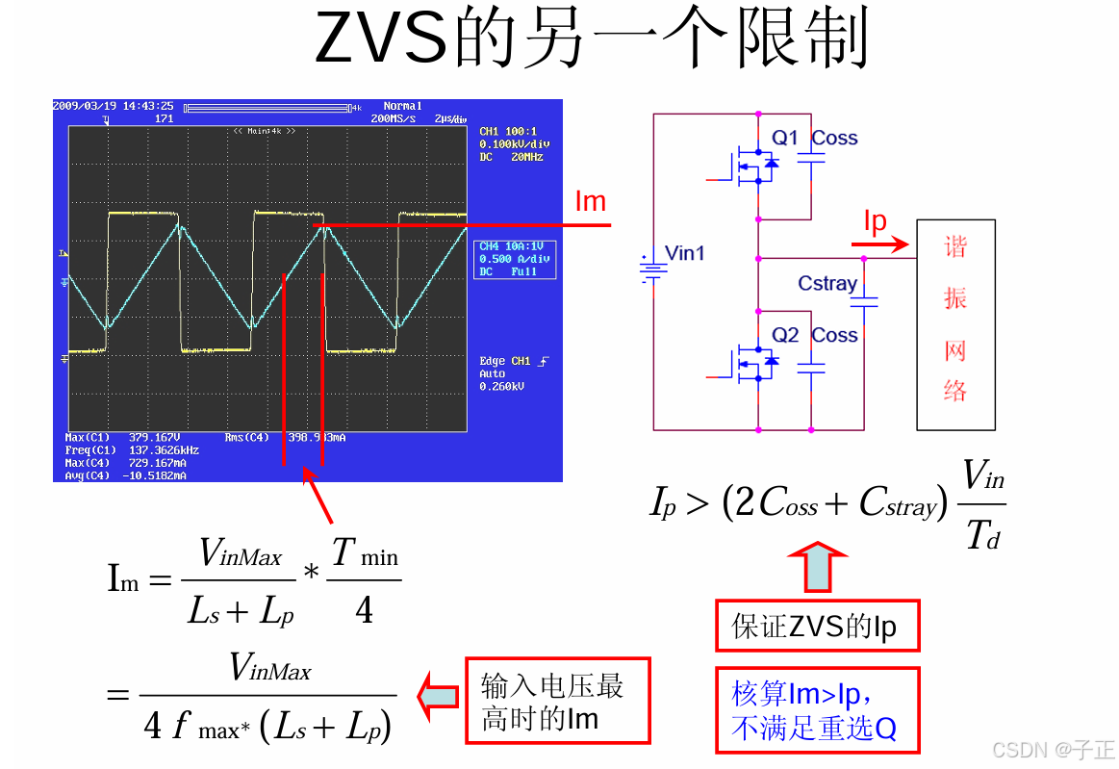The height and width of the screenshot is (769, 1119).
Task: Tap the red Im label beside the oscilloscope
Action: click(x=590, y=201)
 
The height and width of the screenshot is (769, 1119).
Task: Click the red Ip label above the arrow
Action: click(x=875, y=221)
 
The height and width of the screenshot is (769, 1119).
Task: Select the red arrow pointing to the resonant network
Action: click(x=880, y=245)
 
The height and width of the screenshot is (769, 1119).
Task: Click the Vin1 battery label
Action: click(x=685, y=253)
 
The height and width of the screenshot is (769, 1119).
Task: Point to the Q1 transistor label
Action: click(x=785, y=138)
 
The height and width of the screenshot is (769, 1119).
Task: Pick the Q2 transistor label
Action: click(x=785, y=335)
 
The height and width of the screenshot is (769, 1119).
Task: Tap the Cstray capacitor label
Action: click(x=827, y=283)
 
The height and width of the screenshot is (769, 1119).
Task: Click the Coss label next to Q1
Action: click(x=834, y=138)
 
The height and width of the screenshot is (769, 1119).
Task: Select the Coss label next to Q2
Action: click(x=834, y=335)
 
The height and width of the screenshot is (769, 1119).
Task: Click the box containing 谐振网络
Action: click(x=954, y=324)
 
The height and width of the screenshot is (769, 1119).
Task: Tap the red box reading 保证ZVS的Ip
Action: click(x=817, y=627)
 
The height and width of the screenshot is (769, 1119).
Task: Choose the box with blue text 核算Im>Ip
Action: click(x=817, y=710)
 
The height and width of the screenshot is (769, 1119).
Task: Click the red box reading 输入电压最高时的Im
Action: click(x=557, y=701)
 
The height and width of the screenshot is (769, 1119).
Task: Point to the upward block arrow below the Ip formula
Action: click(x=817, y=567)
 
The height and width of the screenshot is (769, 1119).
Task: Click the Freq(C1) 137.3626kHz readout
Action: click(x=133, y=449)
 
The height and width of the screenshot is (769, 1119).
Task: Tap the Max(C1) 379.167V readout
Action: click(x=125, y=437)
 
